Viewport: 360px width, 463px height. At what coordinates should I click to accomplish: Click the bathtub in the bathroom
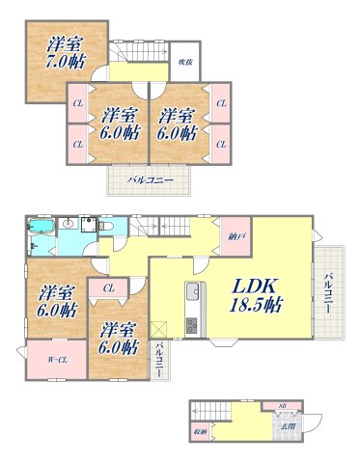click(42, 229)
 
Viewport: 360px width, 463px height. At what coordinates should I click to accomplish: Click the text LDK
click(255, 286)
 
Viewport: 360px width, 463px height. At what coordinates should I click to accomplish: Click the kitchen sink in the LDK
click(191, 292)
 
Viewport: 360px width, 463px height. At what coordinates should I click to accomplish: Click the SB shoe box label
click(283, 406)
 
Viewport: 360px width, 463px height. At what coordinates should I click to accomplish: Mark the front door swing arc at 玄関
click(306, 422)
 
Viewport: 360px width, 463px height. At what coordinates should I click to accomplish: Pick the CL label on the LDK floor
click(109, 286)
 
